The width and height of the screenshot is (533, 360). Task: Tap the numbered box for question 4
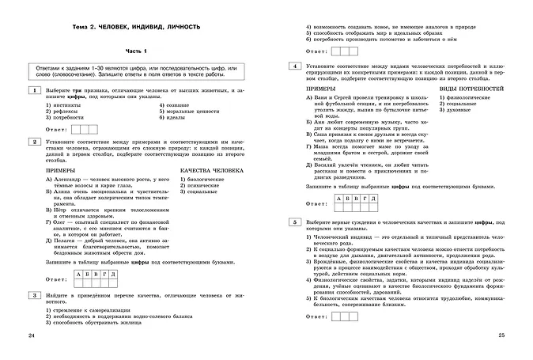tap(294, 67)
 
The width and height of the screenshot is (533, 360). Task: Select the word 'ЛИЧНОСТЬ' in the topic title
tap(178, 28)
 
